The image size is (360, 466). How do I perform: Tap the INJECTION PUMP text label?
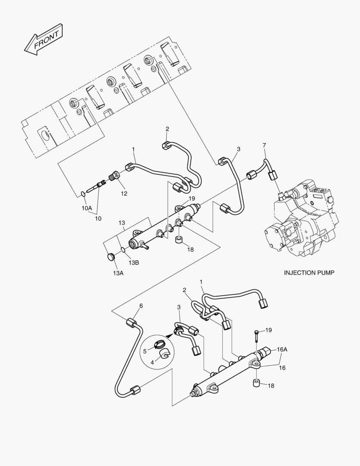[309, 273]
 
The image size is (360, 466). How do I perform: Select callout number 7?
[264, 145]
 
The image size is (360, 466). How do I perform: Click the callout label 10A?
[87, 208]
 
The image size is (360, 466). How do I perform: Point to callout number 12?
[124, 194]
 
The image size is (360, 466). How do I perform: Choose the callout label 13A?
[118, 273]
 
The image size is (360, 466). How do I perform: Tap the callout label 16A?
[282, 349]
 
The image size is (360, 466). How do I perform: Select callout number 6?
[141, 306]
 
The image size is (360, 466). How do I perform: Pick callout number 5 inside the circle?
[145, 351]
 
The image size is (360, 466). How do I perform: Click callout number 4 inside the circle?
[152, 362]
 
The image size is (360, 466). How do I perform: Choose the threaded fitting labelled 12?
[115, 176]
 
